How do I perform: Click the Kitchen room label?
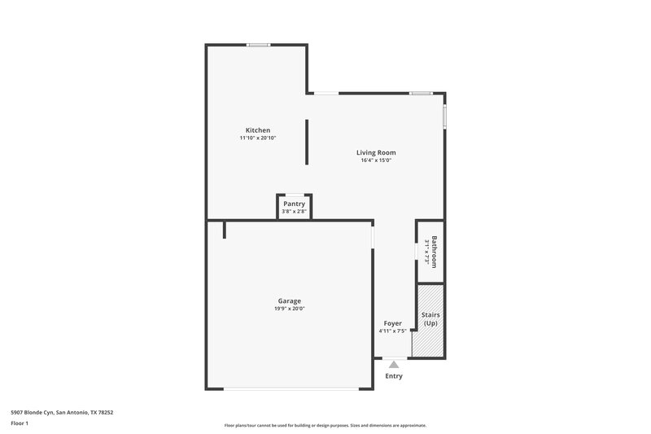tap(258, 130)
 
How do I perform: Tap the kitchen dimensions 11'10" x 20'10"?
tap(258, 138)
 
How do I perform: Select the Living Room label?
tap(376, 152)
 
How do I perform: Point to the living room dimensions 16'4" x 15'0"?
tap(376, 160)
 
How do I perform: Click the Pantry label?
tap(294, 204)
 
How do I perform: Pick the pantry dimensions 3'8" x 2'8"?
tap(294, 212)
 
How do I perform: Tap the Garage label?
tap(290, 300)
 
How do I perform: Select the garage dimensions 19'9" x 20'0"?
tap(290, 309)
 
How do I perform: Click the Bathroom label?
tap(435, 252)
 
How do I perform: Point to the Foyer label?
tap(393, 323)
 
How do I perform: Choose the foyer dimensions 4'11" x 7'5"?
tap(393, 331)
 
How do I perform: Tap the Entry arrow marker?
tap(394, 364)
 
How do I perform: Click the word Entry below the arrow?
tap(394, 376)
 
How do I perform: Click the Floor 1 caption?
tap(20, 423)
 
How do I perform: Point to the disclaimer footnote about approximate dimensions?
tap(325, 425)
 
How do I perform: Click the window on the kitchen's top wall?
tap(259, 45)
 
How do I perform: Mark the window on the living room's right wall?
tap(444, 115)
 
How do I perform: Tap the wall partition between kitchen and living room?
tap(307, 142)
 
